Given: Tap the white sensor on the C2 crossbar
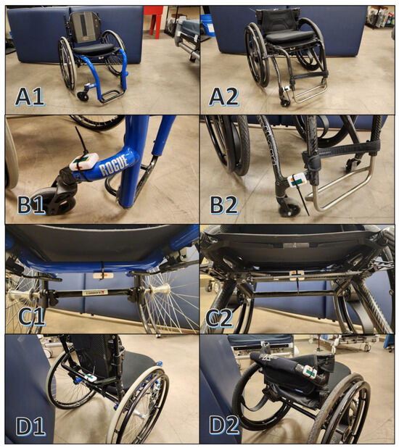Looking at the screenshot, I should point(296,273).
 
